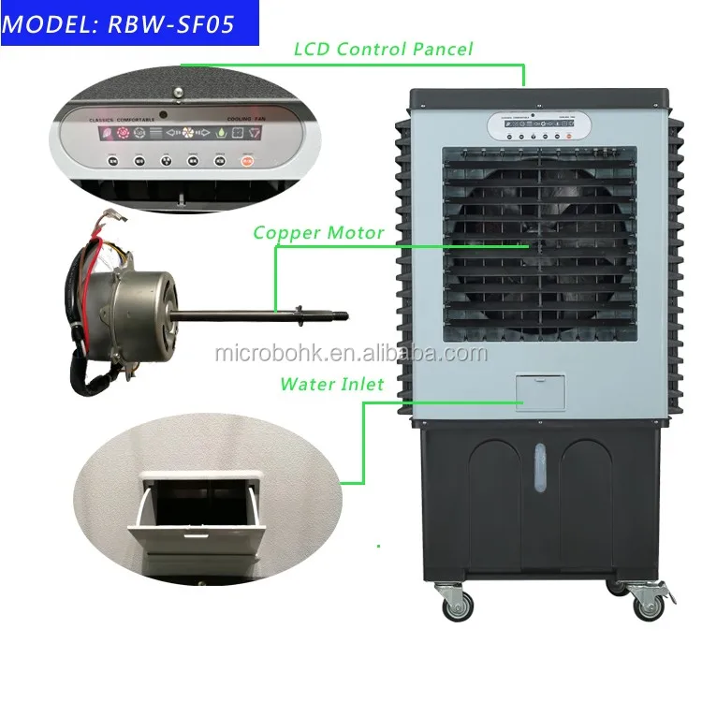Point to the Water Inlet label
point(332,384)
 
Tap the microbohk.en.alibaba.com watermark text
point(351,354)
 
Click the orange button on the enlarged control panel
point(248,161)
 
